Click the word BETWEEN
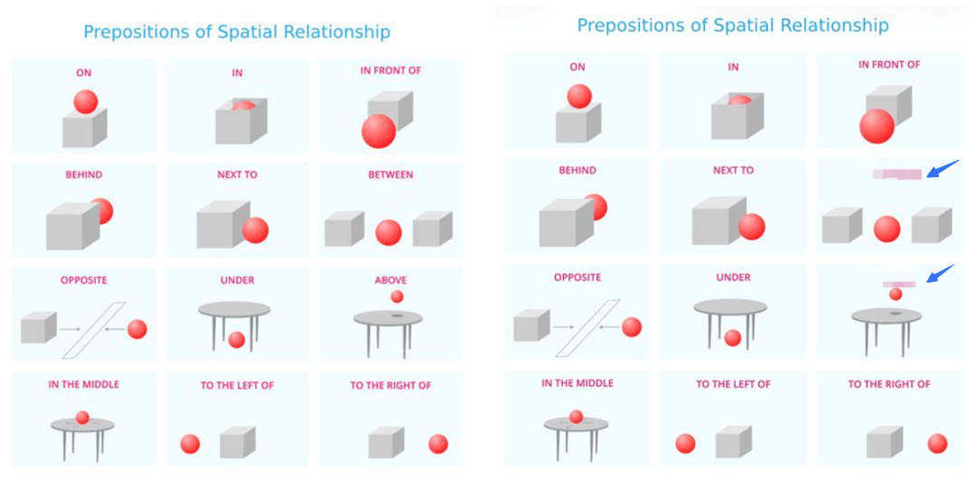click(x=390, y=174)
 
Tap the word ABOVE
click(x=390, y=280)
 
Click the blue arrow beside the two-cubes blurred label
click(x=943, y=168)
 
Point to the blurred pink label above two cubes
click(x=896, y=174)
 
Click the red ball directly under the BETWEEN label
click(x=389, y=232)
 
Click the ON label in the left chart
click(x=84, y=72)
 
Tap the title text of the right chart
click(x=733, y=24)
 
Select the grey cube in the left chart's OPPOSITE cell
click(x=38, y=327)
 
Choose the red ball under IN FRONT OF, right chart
click(x=877, y=126)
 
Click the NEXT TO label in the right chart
click(x=733, y=170)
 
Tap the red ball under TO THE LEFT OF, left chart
click(x=190, y=444)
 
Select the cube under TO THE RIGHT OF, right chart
click(x=884, y=442)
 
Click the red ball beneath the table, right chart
click(x=733, y=337)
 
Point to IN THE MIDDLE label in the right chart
click(x=577, y=383)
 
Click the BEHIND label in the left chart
click(x=84, y=174)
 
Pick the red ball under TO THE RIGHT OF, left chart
click(x=438, y=444)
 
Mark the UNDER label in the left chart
click(x=237, y=280)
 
